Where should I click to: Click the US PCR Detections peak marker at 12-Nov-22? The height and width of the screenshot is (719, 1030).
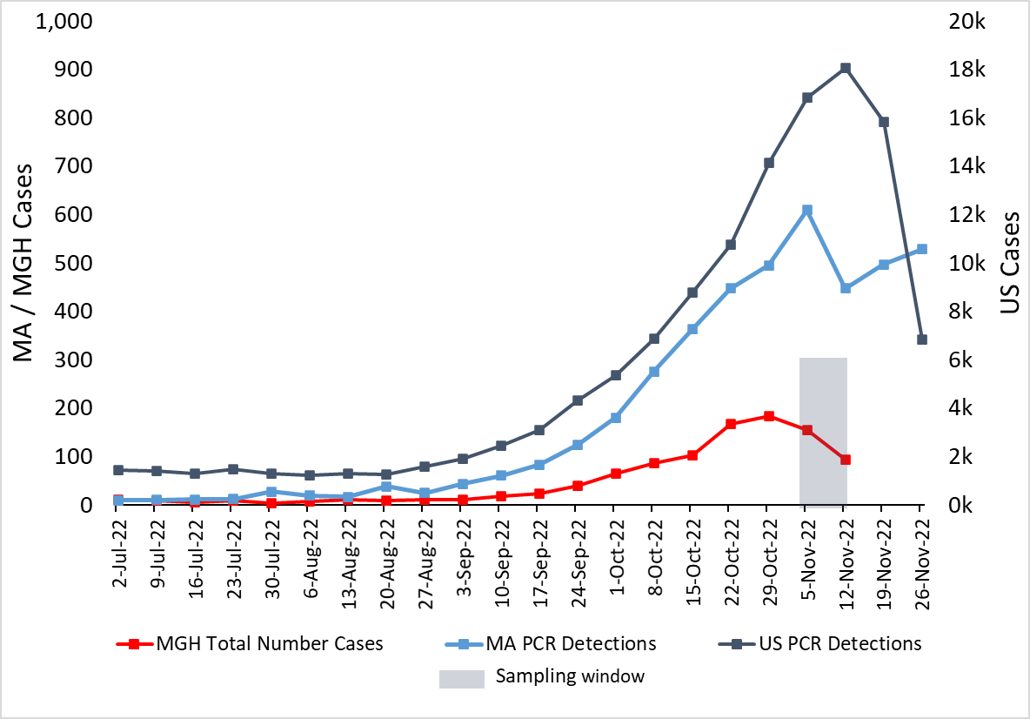click(x=845, y=68)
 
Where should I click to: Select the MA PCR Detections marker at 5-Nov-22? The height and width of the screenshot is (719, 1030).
click(x=807, y=211)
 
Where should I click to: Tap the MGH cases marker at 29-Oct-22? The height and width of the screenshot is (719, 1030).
click(x=769, y=416)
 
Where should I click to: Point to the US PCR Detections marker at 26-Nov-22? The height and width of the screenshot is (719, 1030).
click(x=922, y=339)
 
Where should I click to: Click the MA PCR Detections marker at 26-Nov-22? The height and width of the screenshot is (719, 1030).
click(x=922, y=249)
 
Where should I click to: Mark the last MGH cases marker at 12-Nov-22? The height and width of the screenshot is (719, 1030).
click(x=845, y=460)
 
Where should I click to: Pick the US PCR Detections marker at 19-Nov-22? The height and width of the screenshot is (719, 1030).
click(x=884, y=122)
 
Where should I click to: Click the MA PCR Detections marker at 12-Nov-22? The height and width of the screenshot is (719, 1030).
click(x=845, y=288)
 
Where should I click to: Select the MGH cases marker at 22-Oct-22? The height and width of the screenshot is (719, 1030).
click(x=731, y=424)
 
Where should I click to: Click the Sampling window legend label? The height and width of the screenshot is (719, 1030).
click(x=570, y=676)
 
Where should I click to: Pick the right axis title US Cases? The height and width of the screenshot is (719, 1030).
click(x=1007, y=263)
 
